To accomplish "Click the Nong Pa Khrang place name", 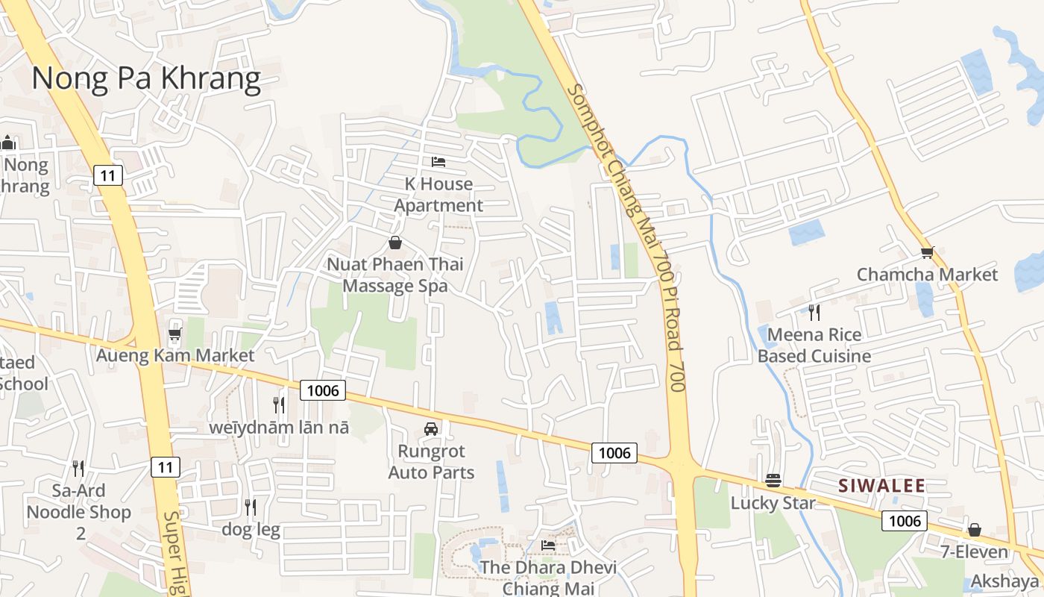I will [146, 78].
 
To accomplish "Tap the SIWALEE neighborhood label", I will [881, 486].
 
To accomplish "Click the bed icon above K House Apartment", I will [438, 162].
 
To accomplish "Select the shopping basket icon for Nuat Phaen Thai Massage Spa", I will [395, 243].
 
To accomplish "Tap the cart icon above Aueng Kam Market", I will [175, 334].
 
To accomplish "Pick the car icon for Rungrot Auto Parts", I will [431, 429].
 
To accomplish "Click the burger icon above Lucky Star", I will [773, 481].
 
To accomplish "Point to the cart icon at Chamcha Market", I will [927, 253].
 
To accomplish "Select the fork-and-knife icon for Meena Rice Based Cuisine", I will [814, 313].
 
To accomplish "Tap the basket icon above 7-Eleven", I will [974, 531].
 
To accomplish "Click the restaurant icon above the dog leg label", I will [251, 507].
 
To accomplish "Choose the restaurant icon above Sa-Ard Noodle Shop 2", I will [78, 469].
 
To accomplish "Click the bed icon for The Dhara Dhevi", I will [548, 546].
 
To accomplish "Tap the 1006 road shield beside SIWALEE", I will [904, 520].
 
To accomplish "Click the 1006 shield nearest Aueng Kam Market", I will [323, 390].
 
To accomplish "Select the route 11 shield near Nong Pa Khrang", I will [108, 175].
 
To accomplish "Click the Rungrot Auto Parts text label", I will [432, 462].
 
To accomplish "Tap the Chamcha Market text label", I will [927, 275].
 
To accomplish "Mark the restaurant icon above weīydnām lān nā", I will [279, 405].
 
